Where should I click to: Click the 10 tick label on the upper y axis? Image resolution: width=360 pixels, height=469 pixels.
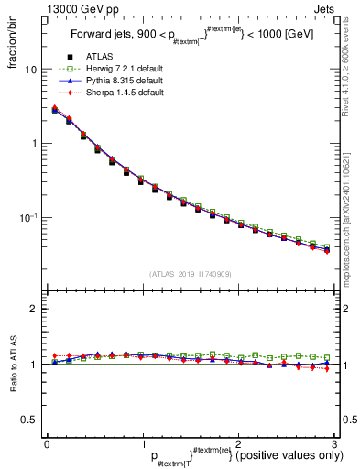[31, 70]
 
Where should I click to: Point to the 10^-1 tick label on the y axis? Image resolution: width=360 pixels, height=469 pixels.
[27, 217]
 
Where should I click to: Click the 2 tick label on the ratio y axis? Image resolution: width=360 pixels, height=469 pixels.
[34, 309]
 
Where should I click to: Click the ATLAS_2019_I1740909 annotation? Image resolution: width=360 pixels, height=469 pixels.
[189, 274]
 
